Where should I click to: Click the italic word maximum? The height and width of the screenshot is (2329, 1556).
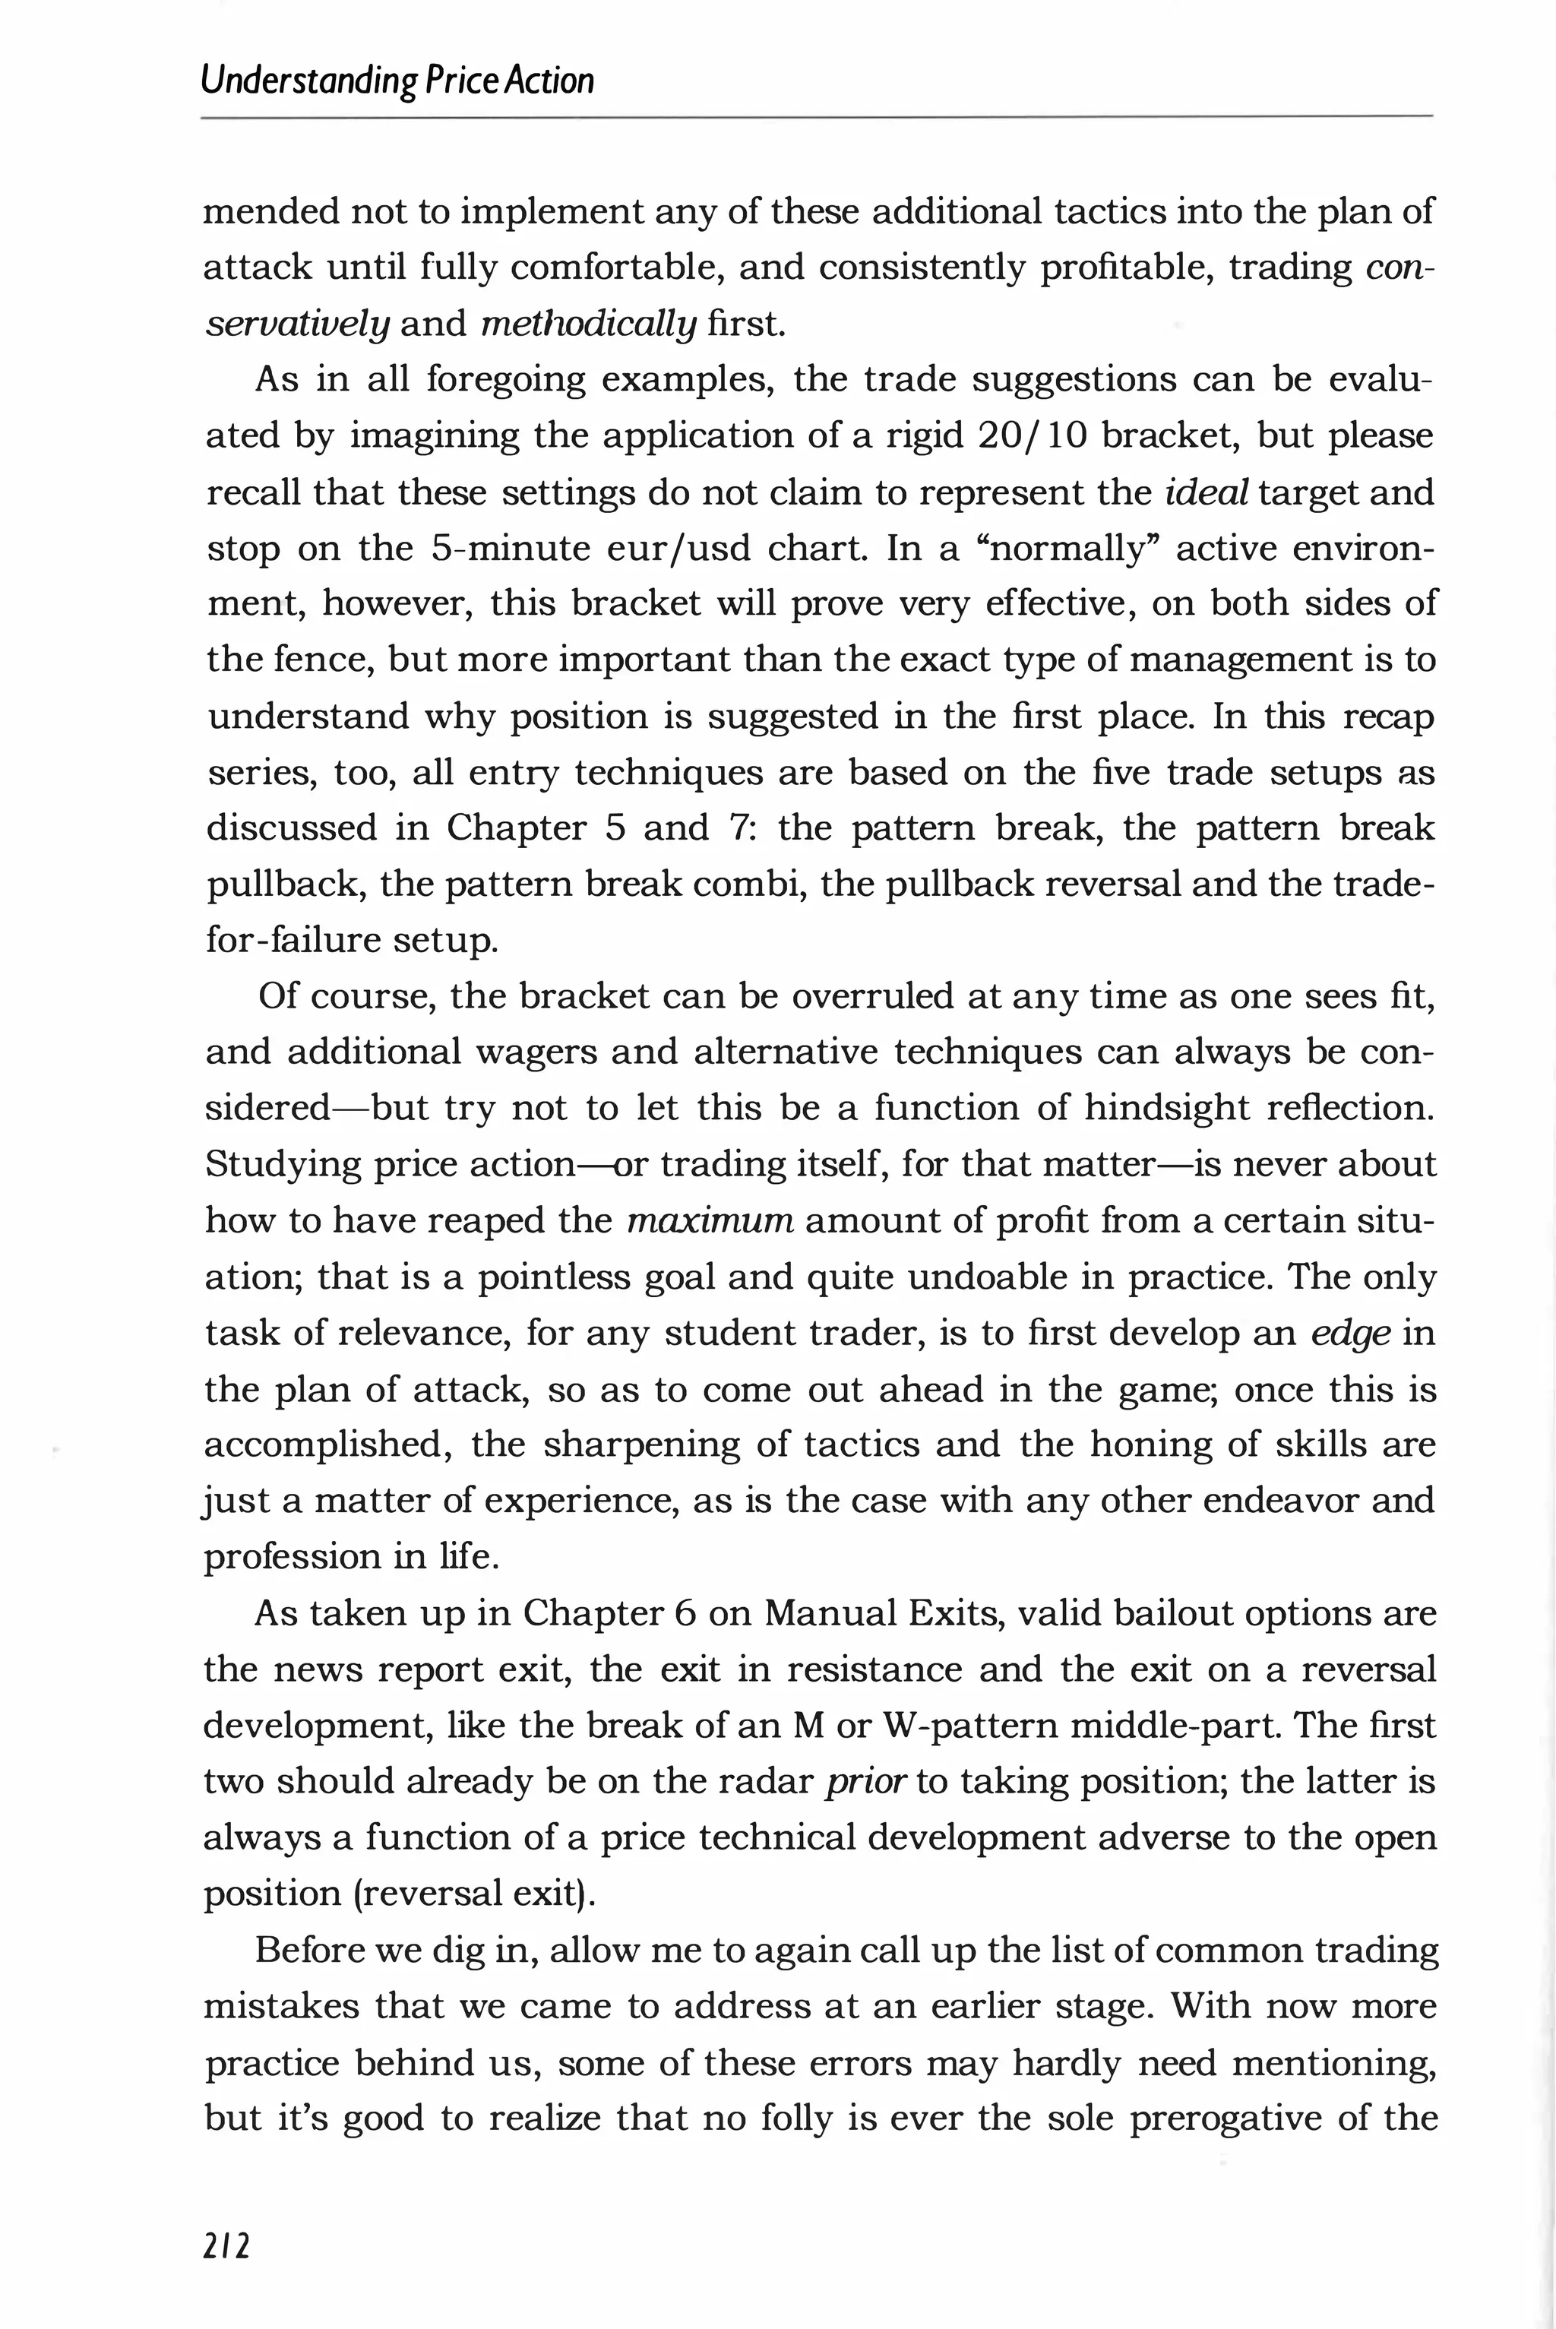[x=710, y=1220]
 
